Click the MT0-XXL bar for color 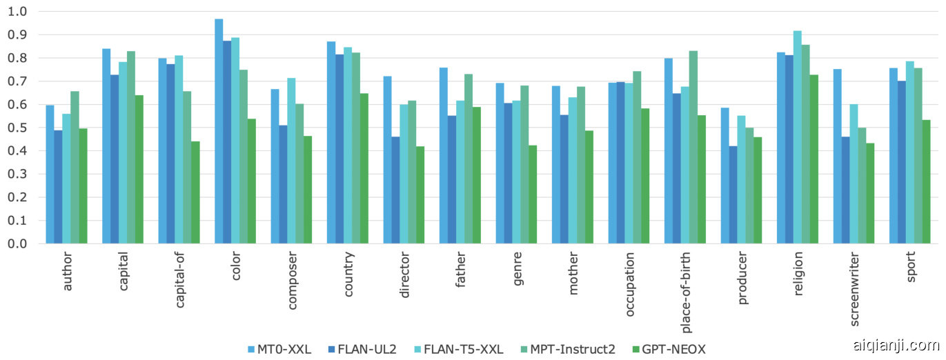[219, 131]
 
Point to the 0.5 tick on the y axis [19, 128]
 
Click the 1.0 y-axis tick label [19, 12]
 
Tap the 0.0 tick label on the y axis [19, 244]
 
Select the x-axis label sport [911, 274]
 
